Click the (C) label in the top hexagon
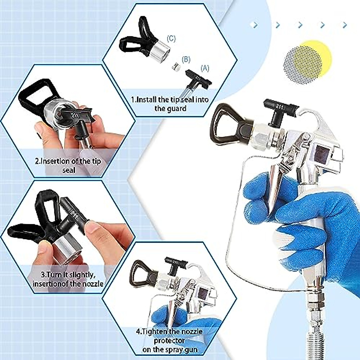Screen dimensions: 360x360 (x=171, y=38)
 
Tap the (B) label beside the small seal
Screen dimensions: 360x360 (x=186, y=59)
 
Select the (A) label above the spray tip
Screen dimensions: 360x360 (x=205, y=68)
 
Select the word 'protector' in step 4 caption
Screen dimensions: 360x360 (x=169, y=341)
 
